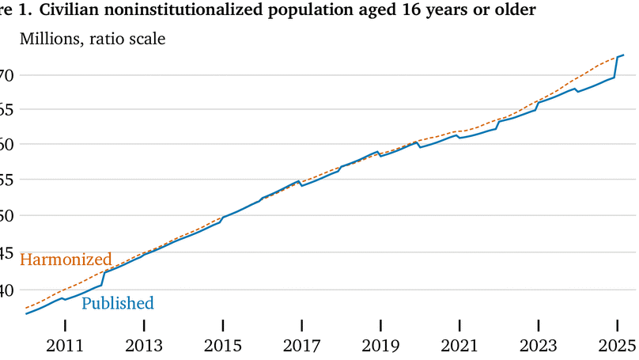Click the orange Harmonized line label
pos(65,260)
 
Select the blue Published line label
pos(118,303)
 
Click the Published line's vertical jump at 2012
pos(104,278)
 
